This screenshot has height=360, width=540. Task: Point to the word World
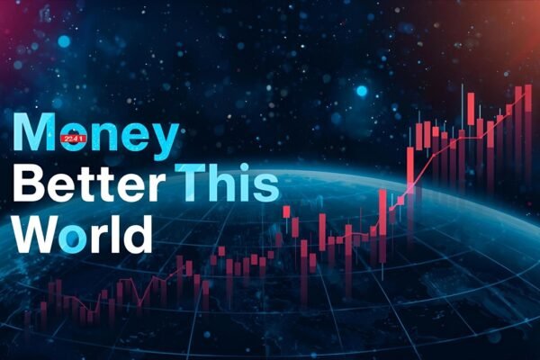[x=81, y=234]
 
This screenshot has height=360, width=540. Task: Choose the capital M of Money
[x=34, y=136]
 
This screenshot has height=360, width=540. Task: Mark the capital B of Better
[x=29, y=185]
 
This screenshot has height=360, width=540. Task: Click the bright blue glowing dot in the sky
[x=361, y=91]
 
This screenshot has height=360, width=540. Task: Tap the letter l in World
[x=113, y=232]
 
